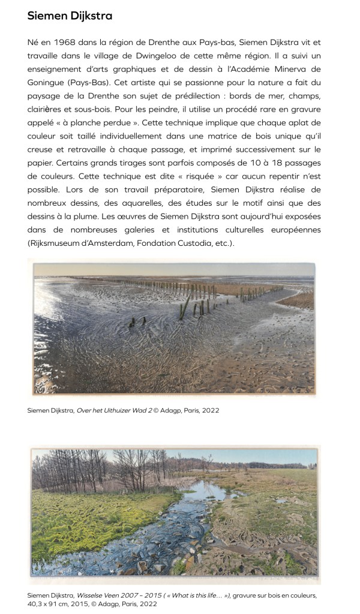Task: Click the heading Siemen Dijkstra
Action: point(70,16)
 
